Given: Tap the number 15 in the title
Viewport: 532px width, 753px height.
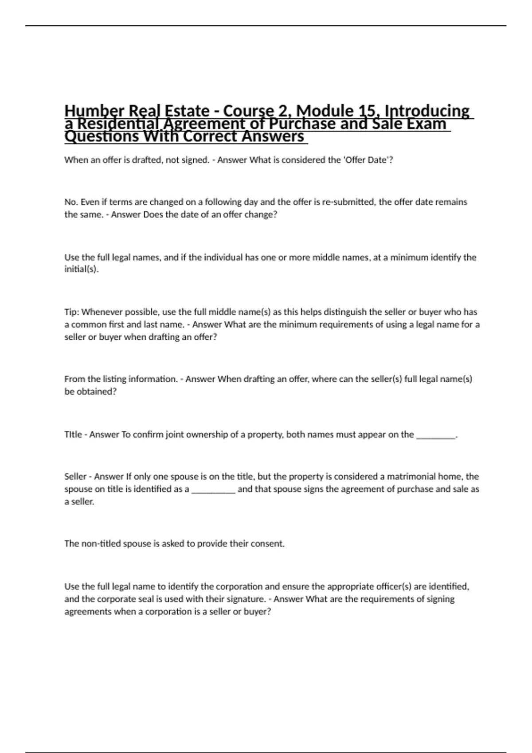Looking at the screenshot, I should click(x=368, y=111).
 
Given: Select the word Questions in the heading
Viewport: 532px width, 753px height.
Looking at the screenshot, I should click(x=102, y=136).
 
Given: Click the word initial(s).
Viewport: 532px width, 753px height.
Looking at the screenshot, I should click(x=81, y=269).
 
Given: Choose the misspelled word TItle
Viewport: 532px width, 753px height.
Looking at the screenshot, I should click(x=73, y=435).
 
